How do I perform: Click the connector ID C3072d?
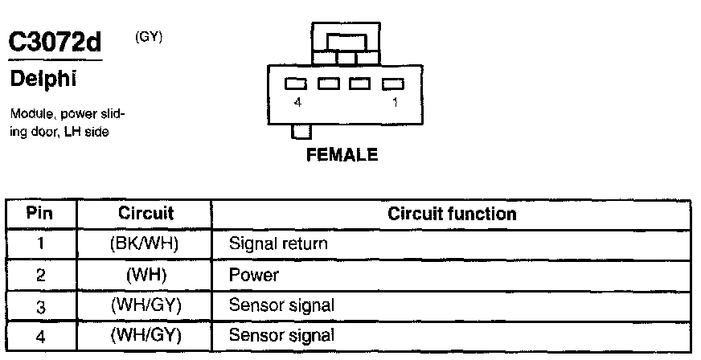pos(54,43)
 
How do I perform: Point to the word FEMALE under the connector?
pos(342,156)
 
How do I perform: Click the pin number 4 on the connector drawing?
pos(298,102)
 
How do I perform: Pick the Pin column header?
pos(40,215)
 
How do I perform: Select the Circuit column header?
pos(146,215)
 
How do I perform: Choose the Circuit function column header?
pos(452,215)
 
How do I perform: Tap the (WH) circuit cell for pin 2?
pos(146,275)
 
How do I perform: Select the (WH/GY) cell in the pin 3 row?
pos(146,305)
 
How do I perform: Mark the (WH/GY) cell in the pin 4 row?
pos(146,335)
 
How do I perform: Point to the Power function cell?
pos(254,275)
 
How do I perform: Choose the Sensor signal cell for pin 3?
pos(281,305)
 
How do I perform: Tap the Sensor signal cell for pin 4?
pos(281,335)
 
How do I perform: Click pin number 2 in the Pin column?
pos(40,275)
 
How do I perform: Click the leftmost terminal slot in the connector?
pos(296,83)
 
